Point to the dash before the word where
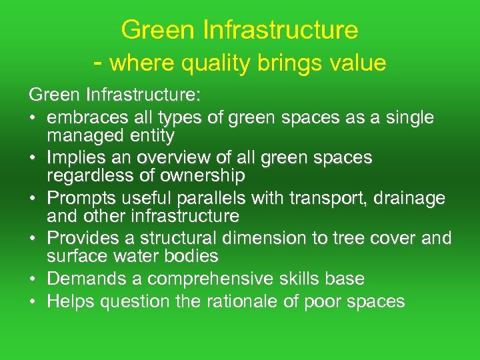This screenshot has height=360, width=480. pos(98,63)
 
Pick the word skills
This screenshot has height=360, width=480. pos(313,278)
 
